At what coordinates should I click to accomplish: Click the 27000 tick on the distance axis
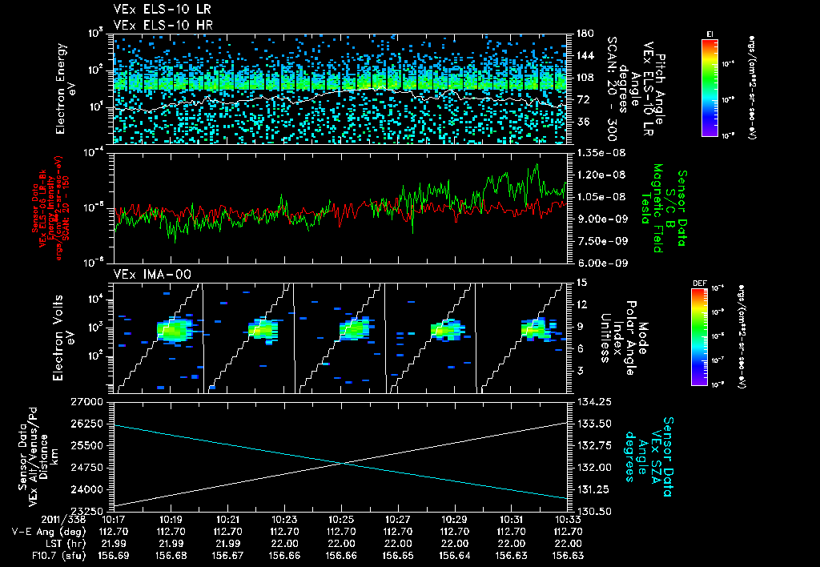[93, 401]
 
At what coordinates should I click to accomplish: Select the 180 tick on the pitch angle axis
[584, 34]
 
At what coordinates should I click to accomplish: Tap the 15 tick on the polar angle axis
[581, 283]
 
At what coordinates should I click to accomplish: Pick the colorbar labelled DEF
[699, 336]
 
